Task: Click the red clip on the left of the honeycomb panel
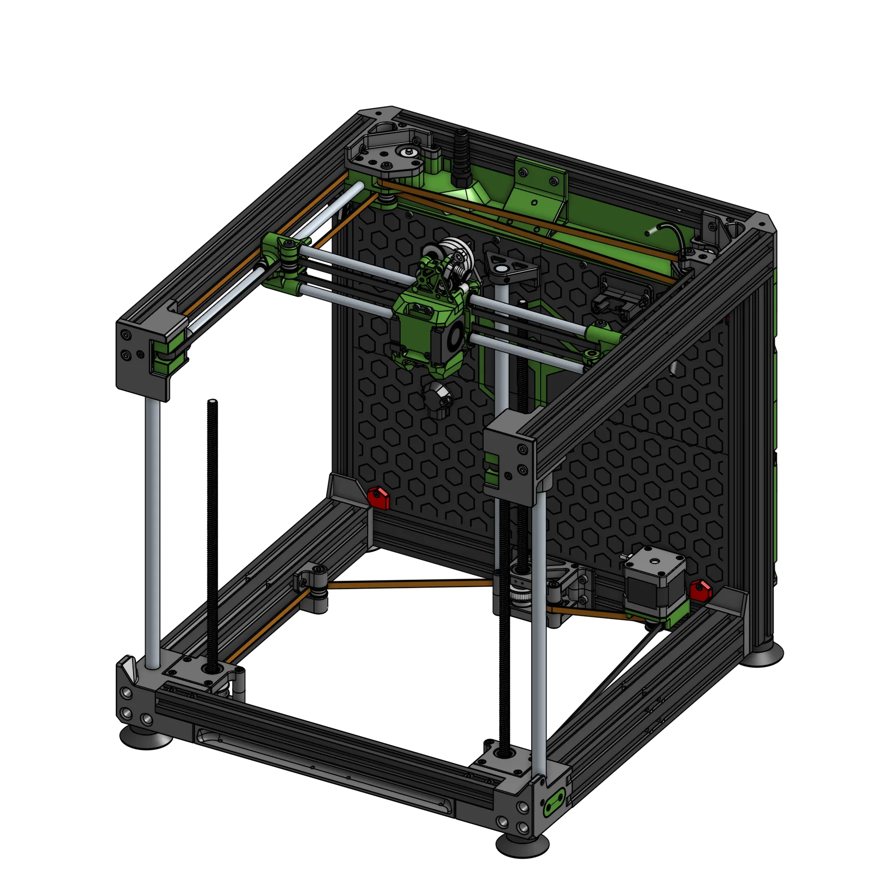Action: pyautogui.click(x=379, y=498)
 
